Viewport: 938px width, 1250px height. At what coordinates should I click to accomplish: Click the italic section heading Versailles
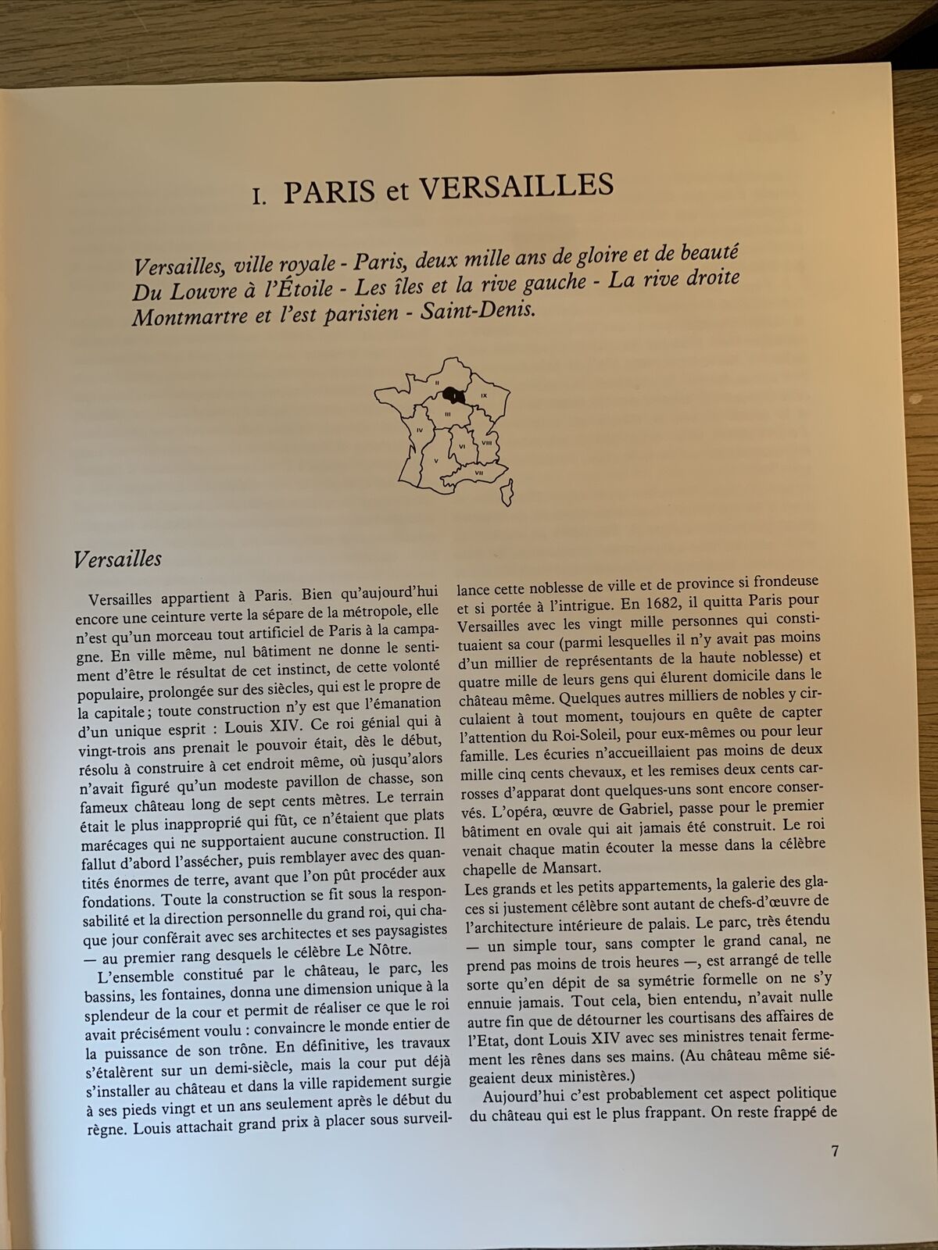pyautogui.click(x=117, y=559)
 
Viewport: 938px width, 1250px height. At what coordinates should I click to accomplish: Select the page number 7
pyautogui.click(x=835, y=1152)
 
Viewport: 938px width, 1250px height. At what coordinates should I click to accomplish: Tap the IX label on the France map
pyautogui.click(x=484, y=395)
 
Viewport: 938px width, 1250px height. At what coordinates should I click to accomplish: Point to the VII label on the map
pyautogui.click(x=479, y=473)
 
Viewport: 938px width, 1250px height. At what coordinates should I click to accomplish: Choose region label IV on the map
pyautogui.click(x=420, y=430)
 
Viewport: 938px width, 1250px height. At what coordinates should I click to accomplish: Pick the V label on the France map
pyautogui.click(x=435, y=461)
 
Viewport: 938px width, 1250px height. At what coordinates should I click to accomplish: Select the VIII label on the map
pyautogui.click(x=486, y=443)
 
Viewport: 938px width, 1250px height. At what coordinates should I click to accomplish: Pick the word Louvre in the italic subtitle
pyautogui.click(x=204, y=291)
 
